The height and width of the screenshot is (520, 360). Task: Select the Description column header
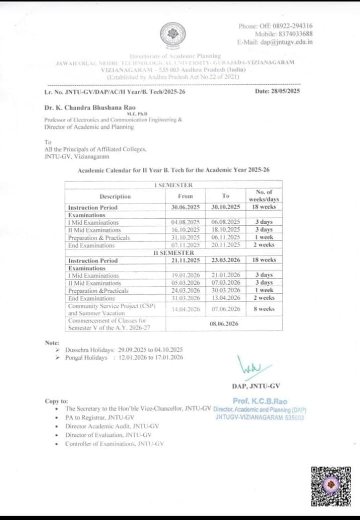pyautogui.click(x=115, y=197)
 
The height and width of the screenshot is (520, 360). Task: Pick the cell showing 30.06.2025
pyautogui.click(x=185, y=207)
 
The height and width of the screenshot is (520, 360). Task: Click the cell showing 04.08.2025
pyautogui.click(x=185, y=222)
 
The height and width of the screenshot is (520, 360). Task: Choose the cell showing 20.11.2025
pyautogui.click(x=226, y=245)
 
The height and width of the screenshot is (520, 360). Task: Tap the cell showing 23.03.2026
pyautogui.click(x=226, y=260)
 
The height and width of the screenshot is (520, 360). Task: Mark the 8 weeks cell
pyautogui.click(x=263, y=309)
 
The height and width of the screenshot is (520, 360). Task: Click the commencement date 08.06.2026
pyautogui.click(x=226, y=323)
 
